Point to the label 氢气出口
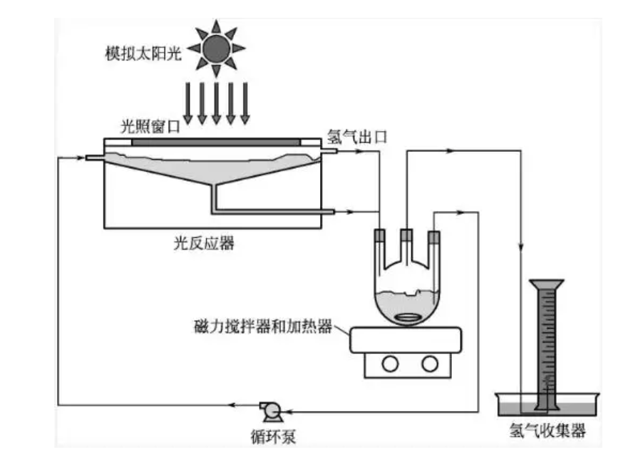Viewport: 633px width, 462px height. click(356, 136)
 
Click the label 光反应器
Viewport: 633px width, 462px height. click(203, 244)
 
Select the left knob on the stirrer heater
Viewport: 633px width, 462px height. click(390, 364)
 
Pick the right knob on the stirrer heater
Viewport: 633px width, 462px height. click(429, 364)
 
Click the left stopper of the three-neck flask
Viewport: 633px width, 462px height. click(380, 235)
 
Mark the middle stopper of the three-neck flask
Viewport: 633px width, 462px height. click(406, 235)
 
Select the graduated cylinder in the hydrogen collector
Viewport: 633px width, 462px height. click(547, 342)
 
